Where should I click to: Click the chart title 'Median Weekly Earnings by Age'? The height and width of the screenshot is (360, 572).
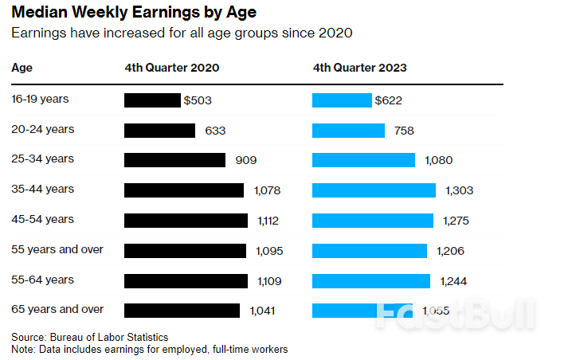[133, 14]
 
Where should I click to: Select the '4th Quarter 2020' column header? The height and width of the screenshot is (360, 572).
[172, 68]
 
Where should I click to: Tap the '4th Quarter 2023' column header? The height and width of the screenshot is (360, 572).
[359, 68]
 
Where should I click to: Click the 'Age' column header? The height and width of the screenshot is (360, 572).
[22, 68]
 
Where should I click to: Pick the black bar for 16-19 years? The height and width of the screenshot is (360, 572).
[152, 100]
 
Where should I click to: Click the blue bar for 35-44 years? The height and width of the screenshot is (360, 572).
[374, 190]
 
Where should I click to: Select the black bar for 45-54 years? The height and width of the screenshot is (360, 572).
[186, 221]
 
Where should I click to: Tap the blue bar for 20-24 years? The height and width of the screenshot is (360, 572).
[348, 131]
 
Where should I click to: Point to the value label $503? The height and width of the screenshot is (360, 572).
[198, 100]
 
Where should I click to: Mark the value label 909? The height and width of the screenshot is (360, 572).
[245, 160]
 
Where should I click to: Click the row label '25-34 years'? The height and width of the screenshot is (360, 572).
[42, 159]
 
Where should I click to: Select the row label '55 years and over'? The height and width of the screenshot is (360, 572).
[57, 249]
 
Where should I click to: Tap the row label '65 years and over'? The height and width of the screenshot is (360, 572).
[57, 309]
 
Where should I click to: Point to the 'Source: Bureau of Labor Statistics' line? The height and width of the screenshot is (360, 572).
[90, 337]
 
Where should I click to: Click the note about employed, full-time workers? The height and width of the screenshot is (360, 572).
[149, 349]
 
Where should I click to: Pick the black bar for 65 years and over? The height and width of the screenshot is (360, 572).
[182, 311]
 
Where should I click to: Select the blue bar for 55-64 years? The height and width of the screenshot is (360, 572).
[370, 280]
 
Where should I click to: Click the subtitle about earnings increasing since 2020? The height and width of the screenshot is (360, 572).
[182, 33]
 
